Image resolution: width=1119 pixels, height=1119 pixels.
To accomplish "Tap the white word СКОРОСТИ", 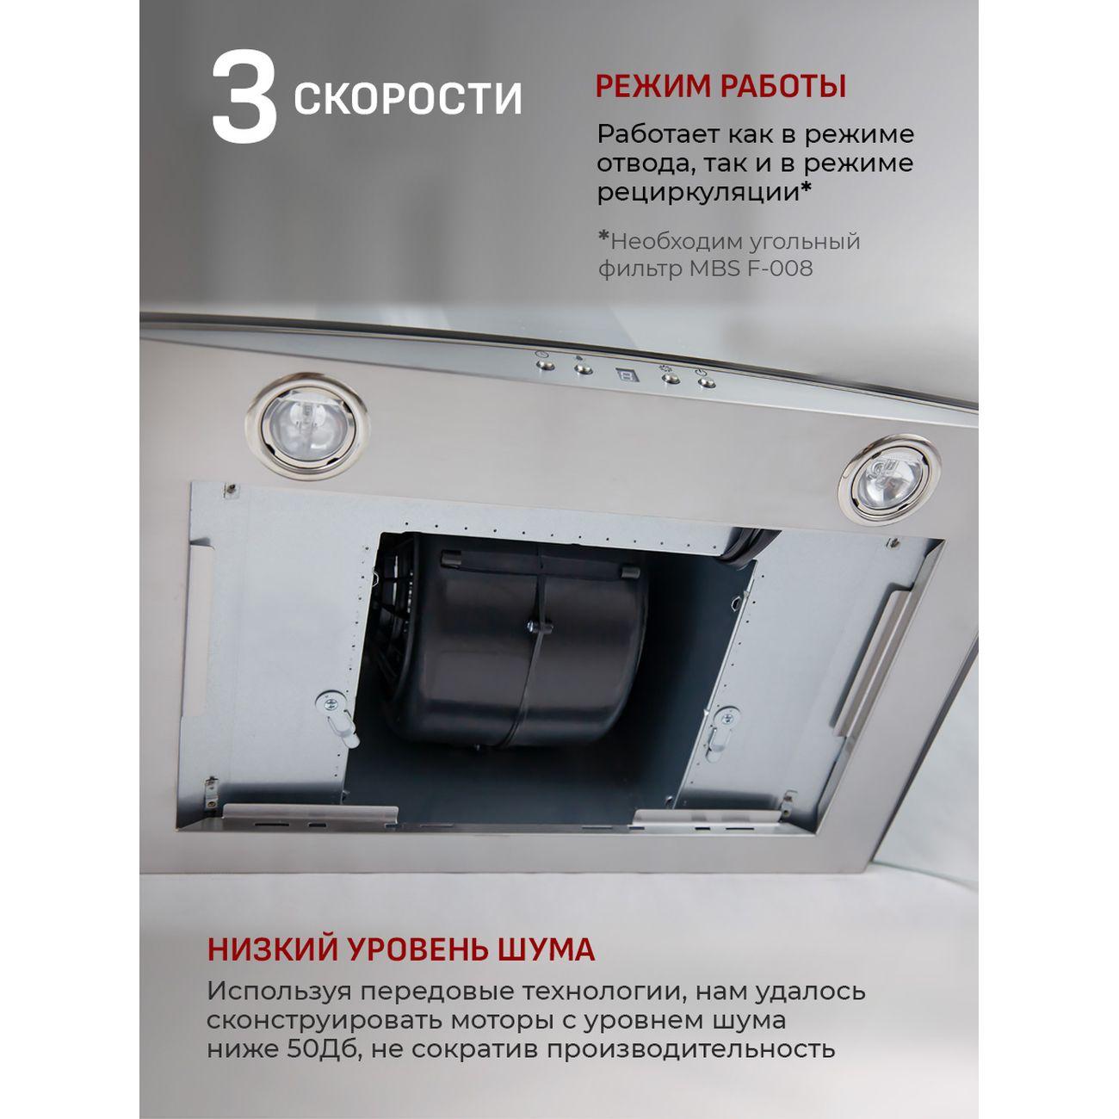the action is pos(408,99).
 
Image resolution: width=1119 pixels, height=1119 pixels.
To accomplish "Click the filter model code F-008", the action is pos(780,269).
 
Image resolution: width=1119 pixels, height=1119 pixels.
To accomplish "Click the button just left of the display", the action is pos(583,368).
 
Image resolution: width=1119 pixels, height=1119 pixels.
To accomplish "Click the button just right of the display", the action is pos(671,380).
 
